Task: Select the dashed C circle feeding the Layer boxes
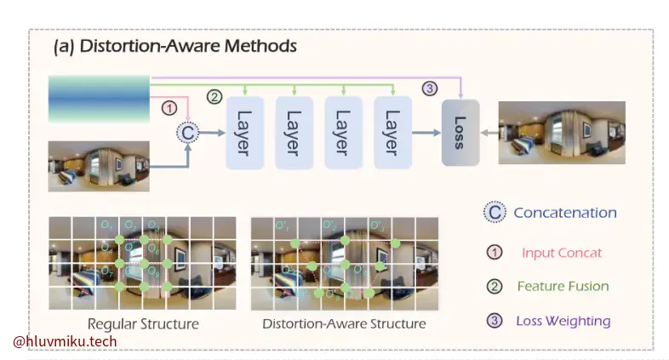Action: point(186,132)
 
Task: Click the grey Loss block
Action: point(460,132)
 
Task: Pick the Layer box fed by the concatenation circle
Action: point(244,132)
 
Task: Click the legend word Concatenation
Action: point(564,213)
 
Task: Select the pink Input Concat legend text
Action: point(561,253)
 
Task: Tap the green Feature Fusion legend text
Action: point(563,287)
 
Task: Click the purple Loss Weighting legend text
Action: point(563,321)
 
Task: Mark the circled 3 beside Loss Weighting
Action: point(494,321)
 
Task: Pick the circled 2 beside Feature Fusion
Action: point(494,287)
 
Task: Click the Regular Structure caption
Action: point(143,323)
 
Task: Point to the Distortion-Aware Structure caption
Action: point(344,323)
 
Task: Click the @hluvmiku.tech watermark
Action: point(65,342)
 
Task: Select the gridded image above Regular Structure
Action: point(141,263)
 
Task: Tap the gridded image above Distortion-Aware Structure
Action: point(344,263)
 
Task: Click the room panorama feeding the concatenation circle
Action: point(98,164)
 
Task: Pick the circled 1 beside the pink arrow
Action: point(169,108)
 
